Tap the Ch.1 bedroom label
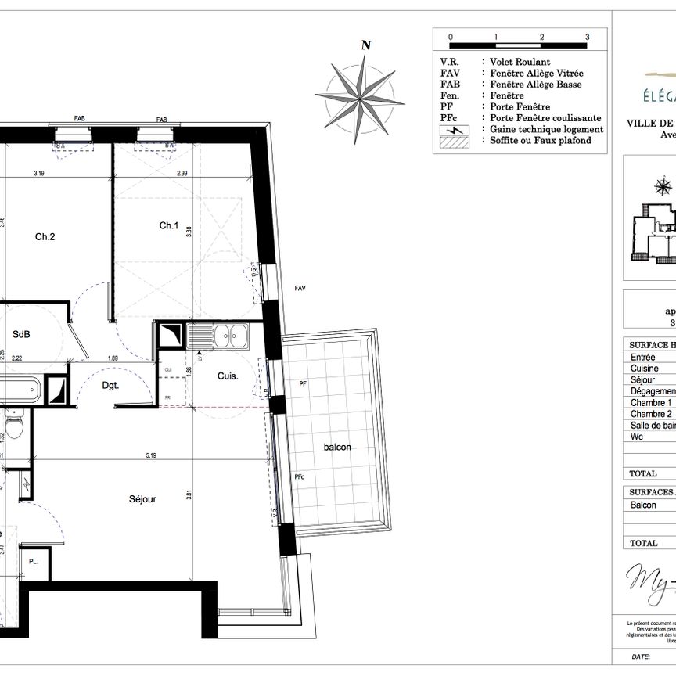169,225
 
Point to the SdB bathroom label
21,334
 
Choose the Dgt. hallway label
110,384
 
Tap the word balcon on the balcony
338,447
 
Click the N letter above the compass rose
365,45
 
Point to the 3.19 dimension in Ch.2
39,173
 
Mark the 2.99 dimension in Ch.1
182,173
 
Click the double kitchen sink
232,336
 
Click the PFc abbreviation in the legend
448,118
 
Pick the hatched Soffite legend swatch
455,141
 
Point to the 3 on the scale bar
587,37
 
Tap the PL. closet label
34,562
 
